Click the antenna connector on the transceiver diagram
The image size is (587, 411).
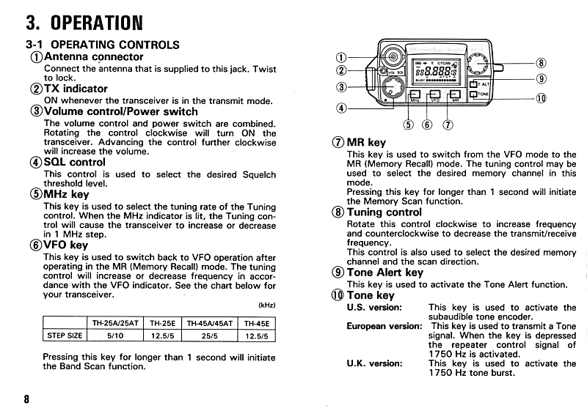point(394,57)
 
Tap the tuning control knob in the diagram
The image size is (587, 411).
point(480,64)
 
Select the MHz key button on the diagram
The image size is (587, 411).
point(415,95)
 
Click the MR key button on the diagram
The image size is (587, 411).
point(454,95)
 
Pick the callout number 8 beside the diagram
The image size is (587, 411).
point(542,63)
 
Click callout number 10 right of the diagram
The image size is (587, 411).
point(542,98)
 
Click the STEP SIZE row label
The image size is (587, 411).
point(65,336)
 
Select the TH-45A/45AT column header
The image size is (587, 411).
point(211,322)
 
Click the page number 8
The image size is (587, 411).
point(27,399)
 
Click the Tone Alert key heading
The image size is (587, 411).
point(384,273)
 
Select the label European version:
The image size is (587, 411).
point(384,326)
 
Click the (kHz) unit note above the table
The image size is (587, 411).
point(267,305)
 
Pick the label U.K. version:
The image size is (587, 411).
point(374,363)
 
